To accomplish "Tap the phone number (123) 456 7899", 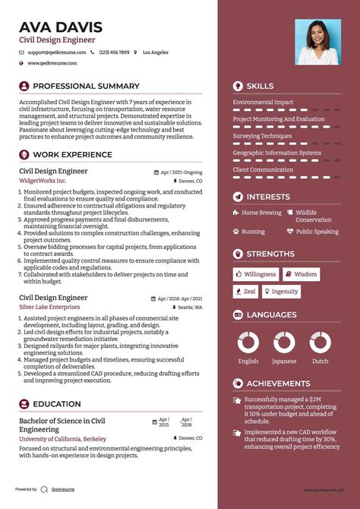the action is [114, 52].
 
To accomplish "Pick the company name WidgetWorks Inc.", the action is [43, 182].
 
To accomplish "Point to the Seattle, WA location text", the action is [191, 308].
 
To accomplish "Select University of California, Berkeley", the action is [63, 438].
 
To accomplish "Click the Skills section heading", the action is [260, 87].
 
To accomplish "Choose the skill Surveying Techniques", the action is [262, 136].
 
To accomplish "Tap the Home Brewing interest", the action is [261, 213].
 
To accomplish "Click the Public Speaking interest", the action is [317, 232].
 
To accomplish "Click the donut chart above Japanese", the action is [284, 342].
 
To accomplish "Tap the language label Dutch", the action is [320, 362].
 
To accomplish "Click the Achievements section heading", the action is [278, 384].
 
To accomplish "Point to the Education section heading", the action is [56, 404].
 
